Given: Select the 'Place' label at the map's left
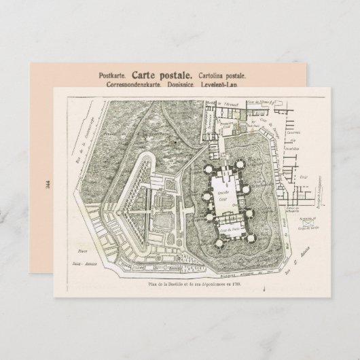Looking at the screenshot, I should (x=77, y=251).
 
